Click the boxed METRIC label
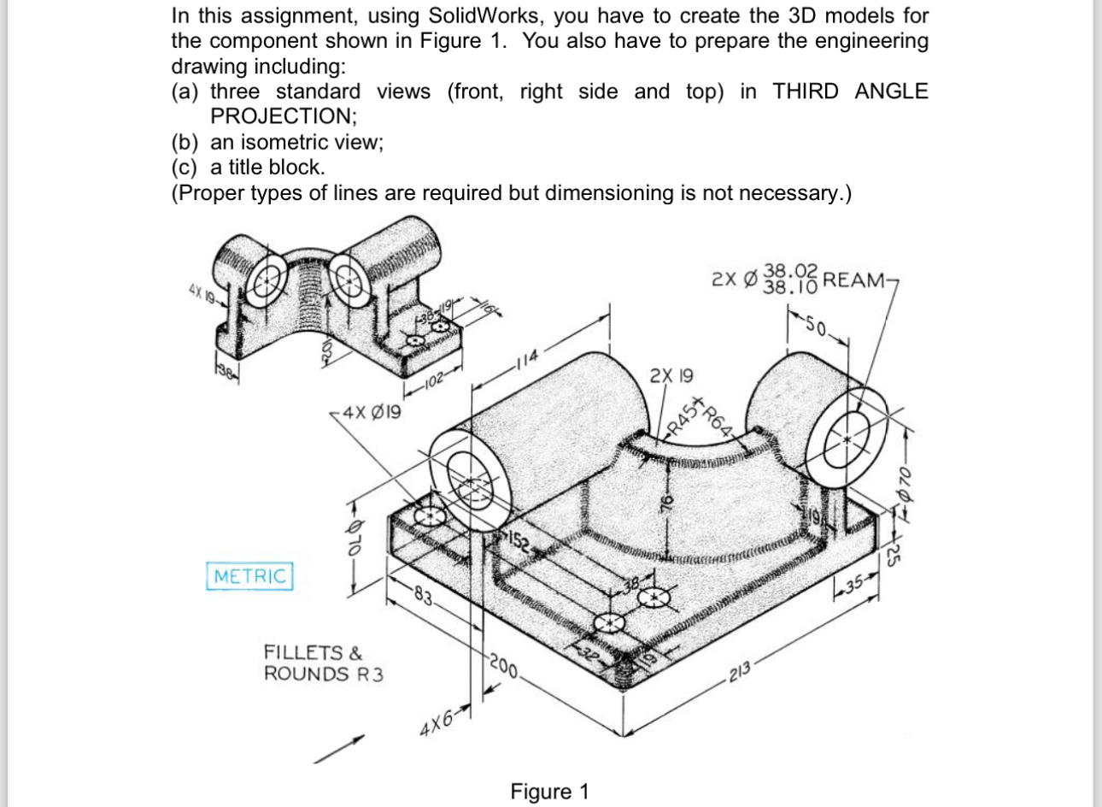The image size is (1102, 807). tap(249, 575)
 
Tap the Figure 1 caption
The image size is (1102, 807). tap(549, 791)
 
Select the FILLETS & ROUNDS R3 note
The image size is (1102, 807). tap(324, 663)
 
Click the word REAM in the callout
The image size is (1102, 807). tap(857, 280)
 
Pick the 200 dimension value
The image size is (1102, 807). tap(503, 667)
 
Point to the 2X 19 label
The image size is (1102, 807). tap(671, 375)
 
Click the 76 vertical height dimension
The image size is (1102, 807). tap(669, 505)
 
